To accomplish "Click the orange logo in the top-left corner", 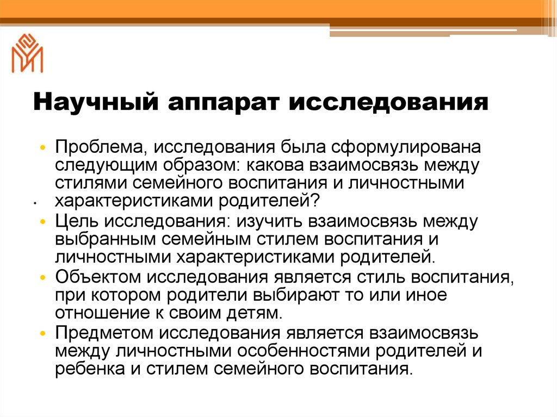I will coord(27,53).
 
